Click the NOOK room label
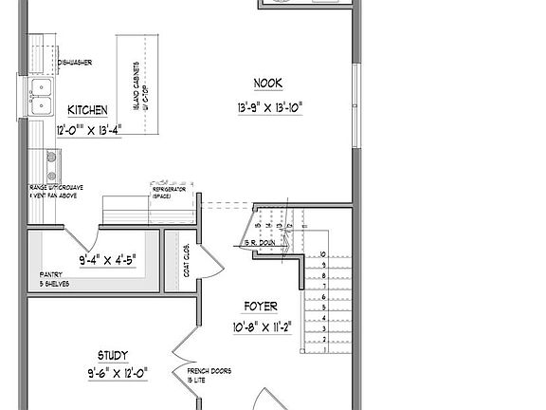(x=269, y=83)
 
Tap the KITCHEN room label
(x=87, y=111)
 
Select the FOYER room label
(x=261, y=307)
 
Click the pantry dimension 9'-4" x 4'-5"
(x=106, y=257)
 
